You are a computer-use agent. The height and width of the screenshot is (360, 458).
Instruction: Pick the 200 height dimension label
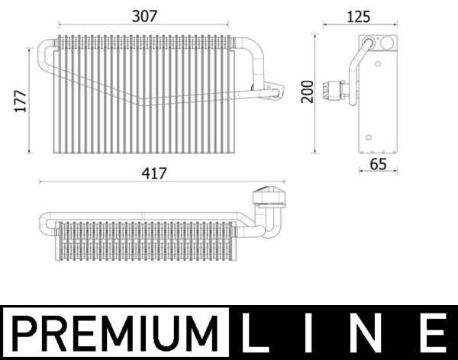[x=308, y=92]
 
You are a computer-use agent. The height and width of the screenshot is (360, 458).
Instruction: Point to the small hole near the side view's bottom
[x=369, y=138]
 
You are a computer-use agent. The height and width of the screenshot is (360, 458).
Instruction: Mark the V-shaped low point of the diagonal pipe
[x=141, y=104]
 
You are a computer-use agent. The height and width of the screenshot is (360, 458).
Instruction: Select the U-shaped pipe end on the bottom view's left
[x=45, y=224]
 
